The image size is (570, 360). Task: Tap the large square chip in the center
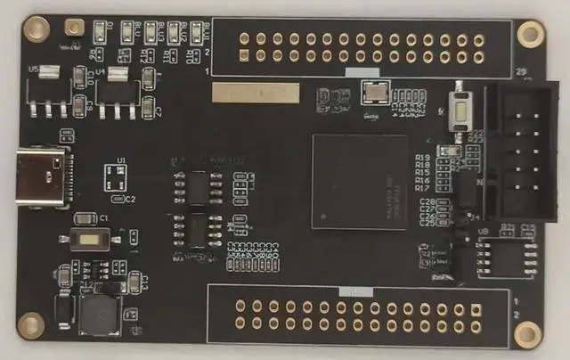tap(360, 181)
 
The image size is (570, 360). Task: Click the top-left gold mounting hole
tap(37, 29)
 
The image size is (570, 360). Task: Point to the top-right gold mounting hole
tap(530, 34)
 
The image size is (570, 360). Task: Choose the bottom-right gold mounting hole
tap(527, 333)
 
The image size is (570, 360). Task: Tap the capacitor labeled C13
tap(135, 283)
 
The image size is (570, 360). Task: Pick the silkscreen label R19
tap(423, 158)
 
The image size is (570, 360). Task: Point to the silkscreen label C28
tap(427, 203)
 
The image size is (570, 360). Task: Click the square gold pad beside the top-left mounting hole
tap(75, 29)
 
